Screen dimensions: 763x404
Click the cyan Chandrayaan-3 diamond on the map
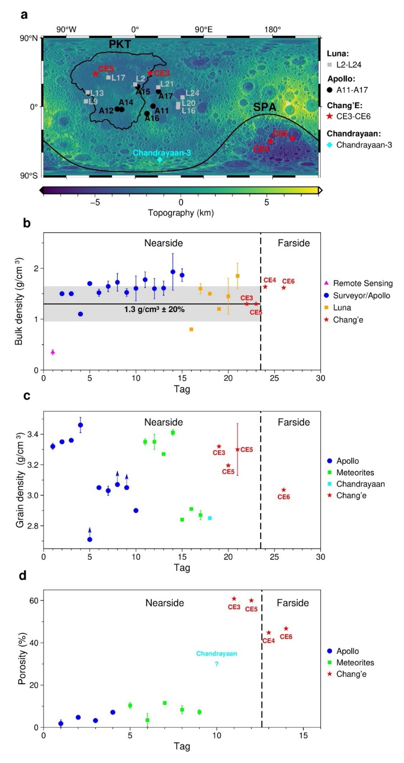(160, 160)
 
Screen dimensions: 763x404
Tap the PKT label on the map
(119, 44)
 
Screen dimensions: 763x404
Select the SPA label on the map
(264, 107)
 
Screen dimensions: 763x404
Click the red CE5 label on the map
(106, 69)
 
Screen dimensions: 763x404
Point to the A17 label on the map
(166, 96)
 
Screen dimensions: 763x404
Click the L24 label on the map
(192, 93)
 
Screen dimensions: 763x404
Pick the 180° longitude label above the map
(272, 30)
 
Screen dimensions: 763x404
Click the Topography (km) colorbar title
(180, 213)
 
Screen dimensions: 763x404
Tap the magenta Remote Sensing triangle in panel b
(53, 352)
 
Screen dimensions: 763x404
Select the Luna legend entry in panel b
(342, 307)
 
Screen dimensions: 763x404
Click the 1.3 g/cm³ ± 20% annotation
(154, 310)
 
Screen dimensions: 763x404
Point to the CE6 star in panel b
(284, 288)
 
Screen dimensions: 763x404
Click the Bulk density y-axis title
(19, 301)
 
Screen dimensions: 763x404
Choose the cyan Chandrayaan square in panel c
(210, 518)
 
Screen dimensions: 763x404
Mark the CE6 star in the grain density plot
(284, 490)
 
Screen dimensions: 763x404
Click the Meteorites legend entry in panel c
(355, 473)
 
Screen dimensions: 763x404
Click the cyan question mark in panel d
(217, 664)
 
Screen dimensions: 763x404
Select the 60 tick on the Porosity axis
(33, 600)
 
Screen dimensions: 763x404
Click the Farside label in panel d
(293, 603)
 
